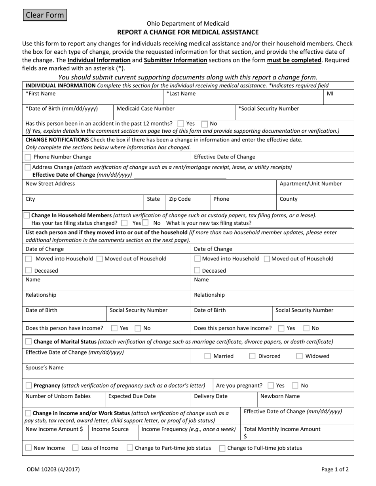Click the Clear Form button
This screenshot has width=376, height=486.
pos(44,15)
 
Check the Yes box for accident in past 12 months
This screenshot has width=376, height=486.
pos(181,124)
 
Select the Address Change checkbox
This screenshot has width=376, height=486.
pos(27,167)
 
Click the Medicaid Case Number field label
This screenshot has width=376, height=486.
pos(145,109)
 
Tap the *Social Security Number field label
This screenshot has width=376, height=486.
pos(268,109)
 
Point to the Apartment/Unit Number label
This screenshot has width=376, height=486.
pos(310,184)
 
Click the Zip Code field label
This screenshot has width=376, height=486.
pos(180,199)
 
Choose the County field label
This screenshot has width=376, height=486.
pos(288,199)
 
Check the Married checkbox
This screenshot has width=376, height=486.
pos(207,356)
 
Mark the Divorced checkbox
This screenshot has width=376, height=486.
pos(252,356)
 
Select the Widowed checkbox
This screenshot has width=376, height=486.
pos(299,356)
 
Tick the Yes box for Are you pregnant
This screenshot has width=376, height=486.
pos(271,386)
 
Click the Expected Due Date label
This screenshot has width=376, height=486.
pos(132,396)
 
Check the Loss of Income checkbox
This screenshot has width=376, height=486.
pos(75,448)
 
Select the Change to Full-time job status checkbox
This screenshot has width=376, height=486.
pos(222,448)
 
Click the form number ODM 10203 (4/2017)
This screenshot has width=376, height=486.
pos(53,470)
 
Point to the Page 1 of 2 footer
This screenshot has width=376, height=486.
pos(335,470)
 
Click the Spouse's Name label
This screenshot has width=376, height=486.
pos(44,368)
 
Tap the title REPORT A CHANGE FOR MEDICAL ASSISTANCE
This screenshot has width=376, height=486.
pos(188,32)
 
